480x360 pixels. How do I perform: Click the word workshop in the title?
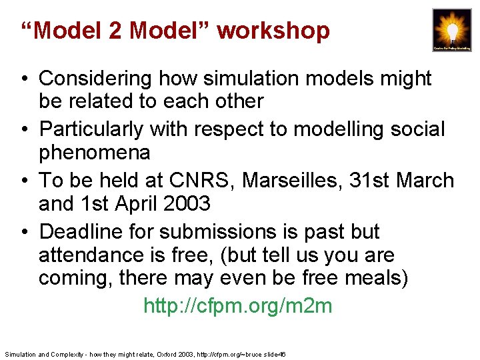(273, 31)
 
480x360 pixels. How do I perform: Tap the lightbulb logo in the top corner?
(451, 30)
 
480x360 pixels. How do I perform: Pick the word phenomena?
(94, 153)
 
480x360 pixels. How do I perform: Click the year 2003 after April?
(190, 204)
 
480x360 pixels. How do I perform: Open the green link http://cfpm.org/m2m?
(237, 306)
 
